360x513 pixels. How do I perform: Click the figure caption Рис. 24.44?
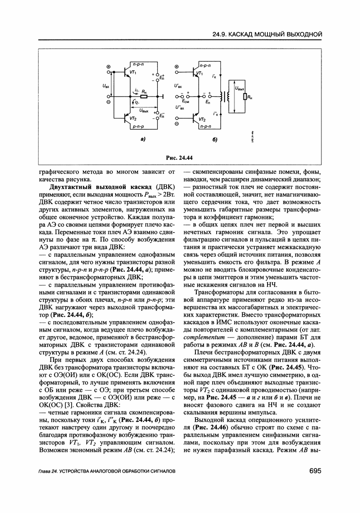[x=179, y=157]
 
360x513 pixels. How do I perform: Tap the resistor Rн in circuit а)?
[x=144, y=96]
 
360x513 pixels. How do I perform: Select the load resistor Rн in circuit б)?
[x=245, y=96]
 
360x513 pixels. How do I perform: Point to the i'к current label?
[x=214, y=77]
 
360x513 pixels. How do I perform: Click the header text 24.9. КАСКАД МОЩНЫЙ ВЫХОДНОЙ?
[x=267, y=34]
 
